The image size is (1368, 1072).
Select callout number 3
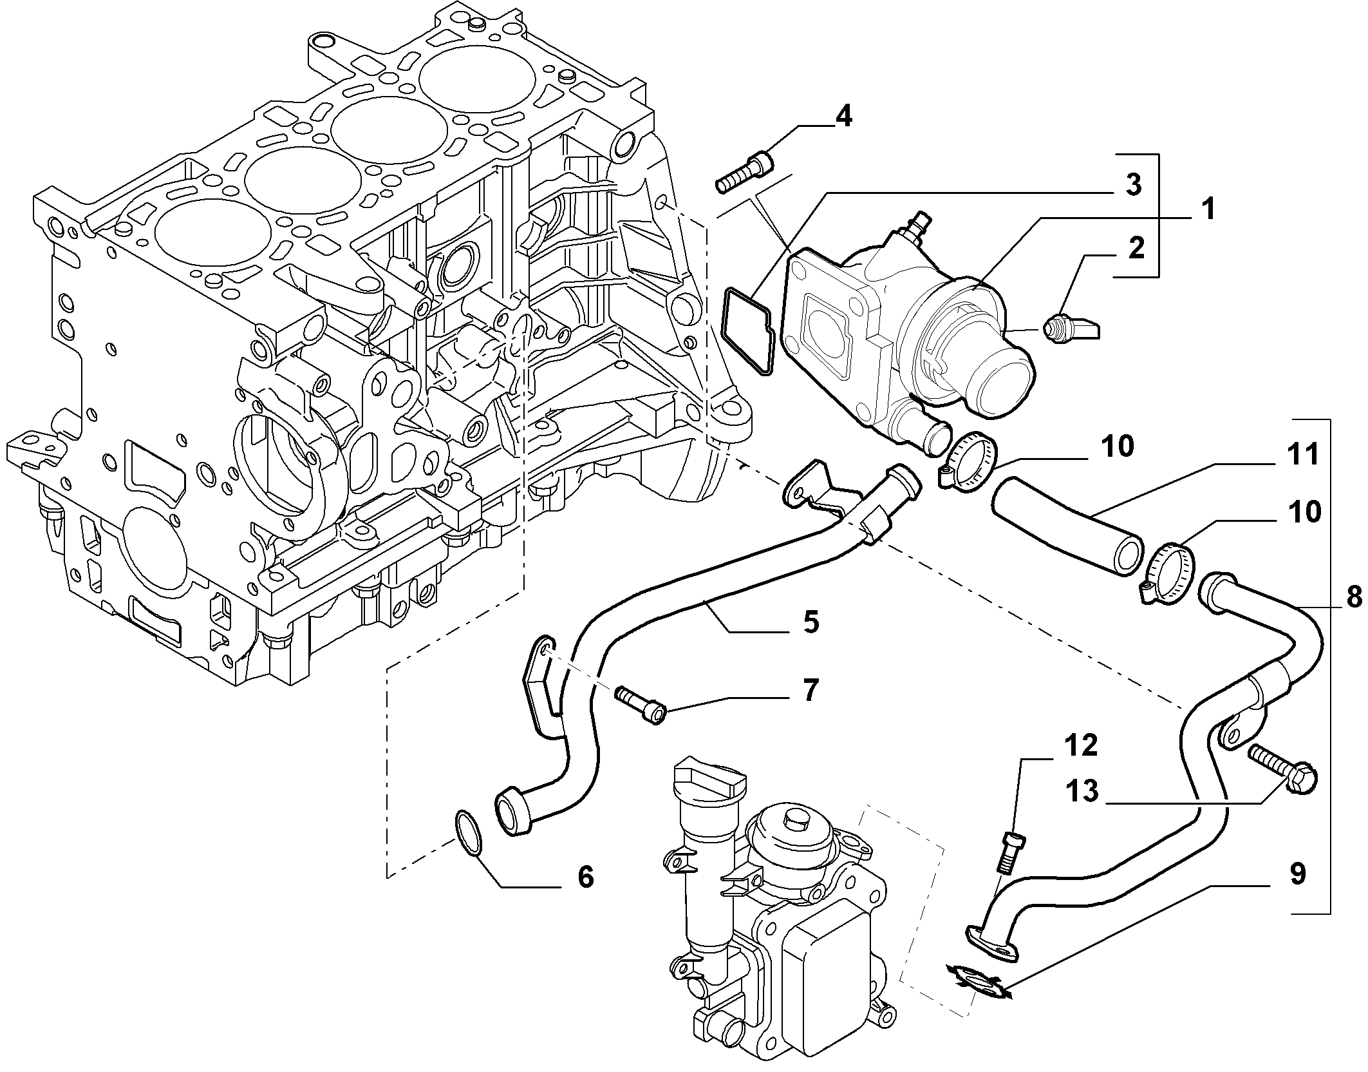coord(1133,185)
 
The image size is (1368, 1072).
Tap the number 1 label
coord(1207,209)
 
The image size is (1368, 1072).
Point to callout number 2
coord(1135,249)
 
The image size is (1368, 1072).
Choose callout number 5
coord(810,622)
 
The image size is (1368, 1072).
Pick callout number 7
coord(810,691)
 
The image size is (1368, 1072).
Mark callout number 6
coord(585,877)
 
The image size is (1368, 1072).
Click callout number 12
coord(1080,745)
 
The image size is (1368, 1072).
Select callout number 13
coord(1080,791)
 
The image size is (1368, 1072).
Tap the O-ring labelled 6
coord(468,836)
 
